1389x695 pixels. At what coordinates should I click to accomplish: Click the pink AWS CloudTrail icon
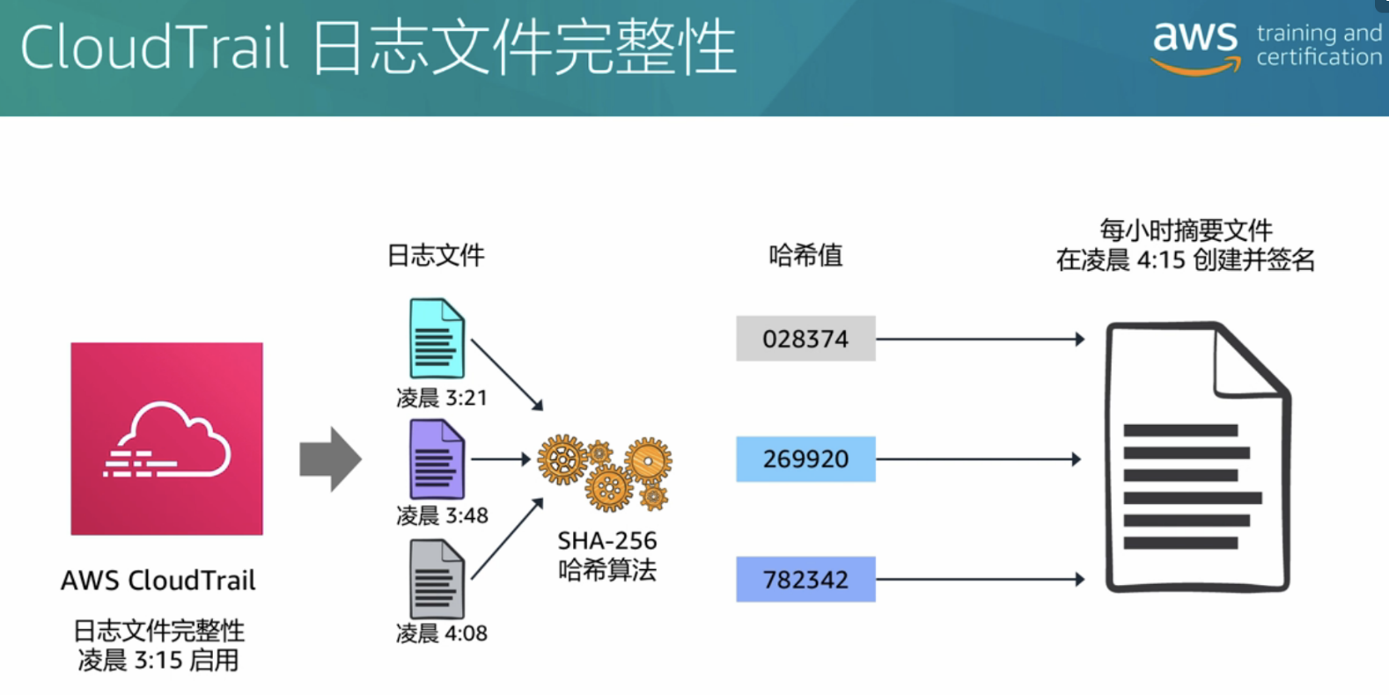coord(166,438)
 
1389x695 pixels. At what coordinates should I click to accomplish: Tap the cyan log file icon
coord(437,339)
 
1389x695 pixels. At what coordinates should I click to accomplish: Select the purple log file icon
coord(437,458)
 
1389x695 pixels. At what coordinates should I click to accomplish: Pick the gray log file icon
coord(437,579)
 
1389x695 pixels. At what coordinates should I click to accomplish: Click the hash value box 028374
coord(805,339)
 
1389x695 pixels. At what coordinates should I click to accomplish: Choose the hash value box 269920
coord(805,458)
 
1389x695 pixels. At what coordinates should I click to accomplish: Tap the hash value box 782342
coord(805,579)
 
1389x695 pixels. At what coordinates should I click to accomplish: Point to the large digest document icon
coord(1197,457)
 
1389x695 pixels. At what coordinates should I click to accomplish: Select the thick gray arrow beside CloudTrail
coord(330,458)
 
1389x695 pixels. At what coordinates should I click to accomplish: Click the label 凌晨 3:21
coord(442,398)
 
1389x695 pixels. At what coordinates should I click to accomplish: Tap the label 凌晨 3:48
coord(442,516)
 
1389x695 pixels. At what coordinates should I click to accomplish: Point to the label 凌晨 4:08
coord(442,633)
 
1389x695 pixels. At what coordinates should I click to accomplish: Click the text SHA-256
coord(607,540)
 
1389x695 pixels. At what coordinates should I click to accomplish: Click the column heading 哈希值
coord(805,255)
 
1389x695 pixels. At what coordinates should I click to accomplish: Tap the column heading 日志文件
coord(436,255)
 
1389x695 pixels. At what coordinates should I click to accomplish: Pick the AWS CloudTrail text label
coord(158,581)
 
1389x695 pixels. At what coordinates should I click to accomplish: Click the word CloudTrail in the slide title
coord(154,48)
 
